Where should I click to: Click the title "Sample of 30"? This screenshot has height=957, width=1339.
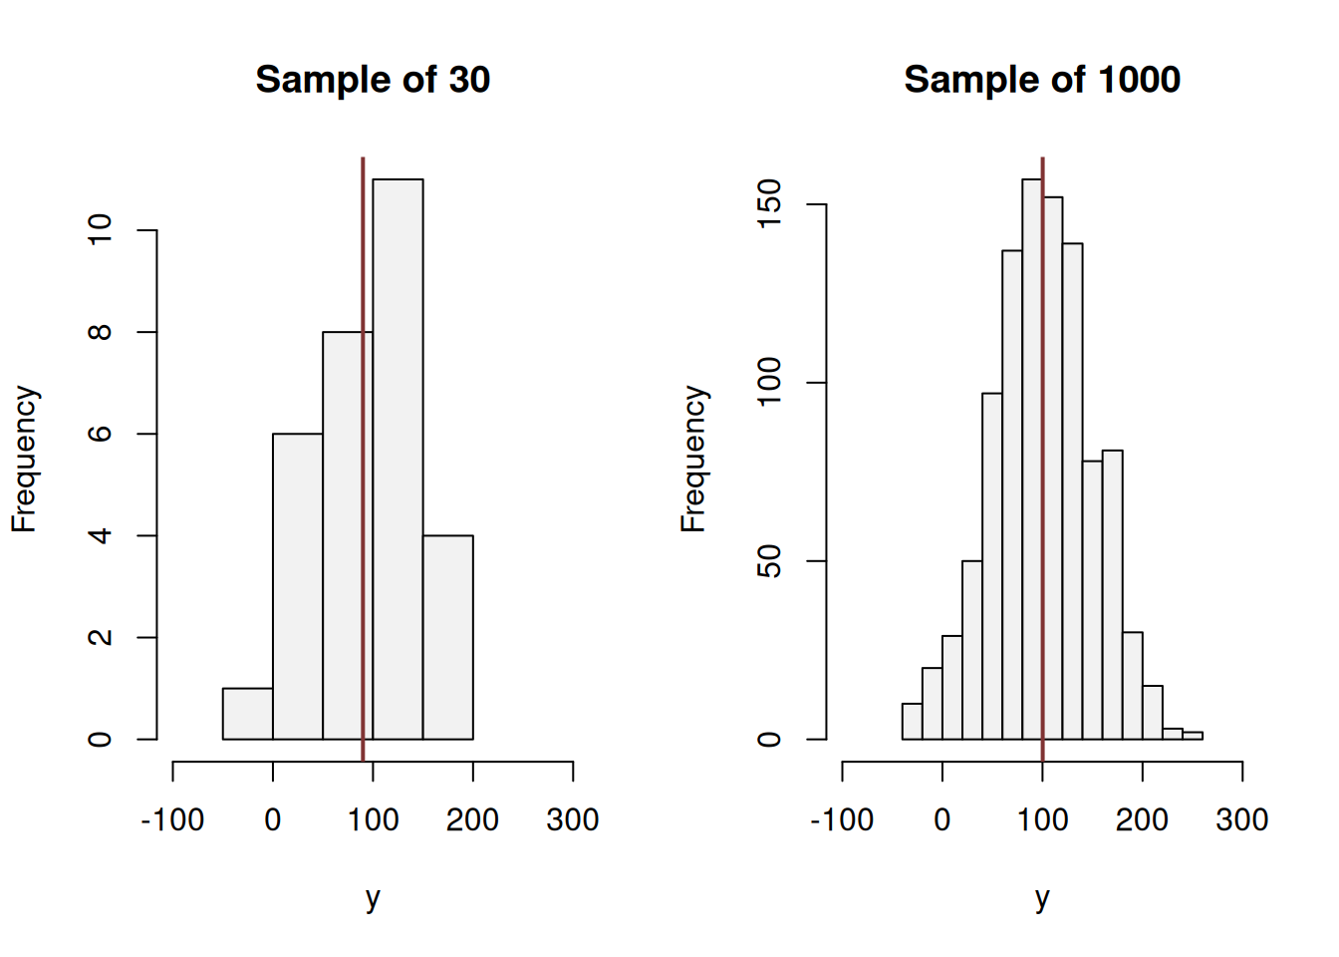(x=373, y=80)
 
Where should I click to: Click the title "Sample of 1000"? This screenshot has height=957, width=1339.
(x=1041, y=80)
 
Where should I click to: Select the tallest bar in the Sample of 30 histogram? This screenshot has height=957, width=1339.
(x=398, y=459)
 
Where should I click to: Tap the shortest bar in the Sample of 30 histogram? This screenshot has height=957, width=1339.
(x=247, y=714)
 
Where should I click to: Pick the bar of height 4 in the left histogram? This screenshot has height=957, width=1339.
(x=447, y=638)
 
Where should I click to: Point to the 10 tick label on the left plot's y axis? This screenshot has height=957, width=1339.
(x=101, y=230)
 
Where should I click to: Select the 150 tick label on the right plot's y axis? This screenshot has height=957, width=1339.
(x=770, y=204)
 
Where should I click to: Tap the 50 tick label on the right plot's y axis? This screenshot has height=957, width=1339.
(x=770, y=561)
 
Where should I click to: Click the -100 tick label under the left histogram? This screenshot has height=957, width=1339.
(x=172, y=820)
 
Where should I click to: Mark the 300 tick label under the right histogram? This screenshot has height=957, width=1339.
(x=1241, y=820)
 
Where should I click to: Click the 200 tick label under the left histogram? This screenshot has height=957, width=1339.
(x=472, y=820)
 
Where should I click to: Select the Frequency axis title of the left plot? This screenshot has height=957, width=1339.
(x=24, y=459)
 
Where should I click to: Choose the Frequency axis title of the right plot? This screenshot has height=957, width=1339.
(x=693, y=459)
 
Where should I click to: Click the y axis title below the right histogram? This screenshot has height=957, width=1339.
(x=1041, y=898)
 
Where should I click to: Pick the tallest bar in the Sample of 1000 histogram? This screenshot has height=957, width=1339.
(x=1032, y=459)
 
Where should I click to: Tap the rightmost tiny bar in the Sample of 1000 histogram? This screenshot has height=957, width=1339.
(x=1193, y=736)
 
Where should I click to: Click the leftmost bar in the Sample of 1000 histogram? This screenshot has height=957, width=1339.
(x=912, y=722)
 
